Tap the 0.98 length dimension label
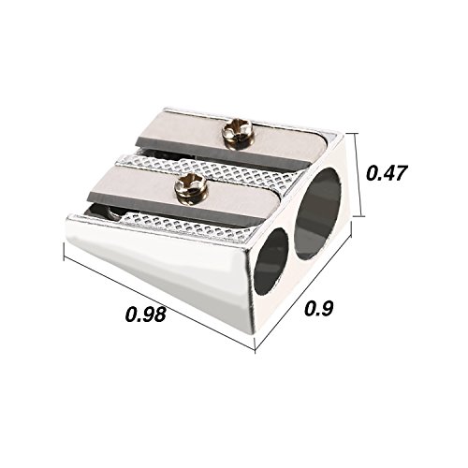145,314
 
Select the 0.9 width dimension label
319,308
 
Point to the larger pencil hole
318,213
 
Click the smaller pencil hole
271,261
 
